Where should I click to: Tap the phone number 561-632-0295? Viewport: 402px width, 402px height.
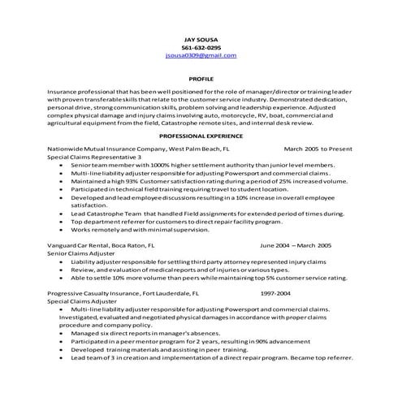coord(201,46)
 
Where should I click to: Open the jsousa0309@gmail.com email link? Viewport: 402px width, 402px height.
coord(201,55)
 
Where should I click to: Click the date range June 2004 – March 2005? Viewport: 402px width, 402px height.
coord(296,244)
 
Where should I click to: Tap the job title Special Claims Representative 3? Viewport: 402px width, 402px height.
coord(95,157)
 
